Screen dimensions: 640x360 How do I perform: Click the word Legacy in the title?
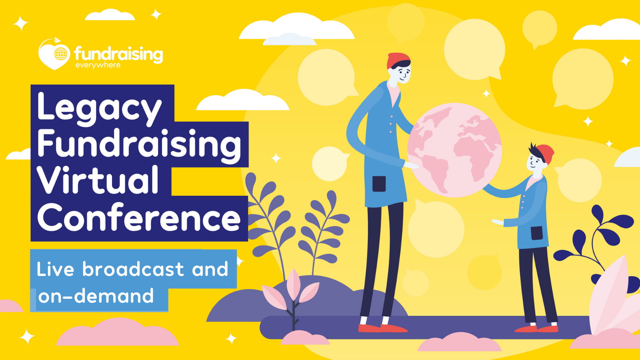[100, 109]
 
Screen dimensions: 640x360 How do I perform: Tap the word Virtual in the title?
[98, 180]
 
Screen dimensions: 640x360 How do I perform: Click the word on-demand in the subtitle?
[96, 296]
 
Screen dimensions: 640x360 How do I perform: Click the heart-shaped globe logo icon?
[54, 54]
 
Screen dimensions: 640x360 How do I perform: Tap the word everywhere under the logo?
[98, 66]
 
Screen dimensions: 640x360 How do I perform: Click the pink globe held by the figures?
[454, 150]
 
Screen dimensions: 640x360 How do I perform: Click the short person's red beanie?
[546, 154]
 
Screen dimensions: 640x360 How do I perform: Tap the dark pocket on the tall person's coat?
[379, 184]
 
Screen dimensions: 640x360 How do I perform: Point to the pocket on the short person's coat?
[537, 233]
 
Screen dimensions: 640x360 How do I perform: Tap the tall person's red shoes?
[383, 328]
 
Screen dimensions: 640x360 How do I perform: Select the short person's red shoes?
[536, 329]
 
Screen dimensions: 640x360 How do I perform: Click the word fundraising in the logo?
[118, 54]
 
